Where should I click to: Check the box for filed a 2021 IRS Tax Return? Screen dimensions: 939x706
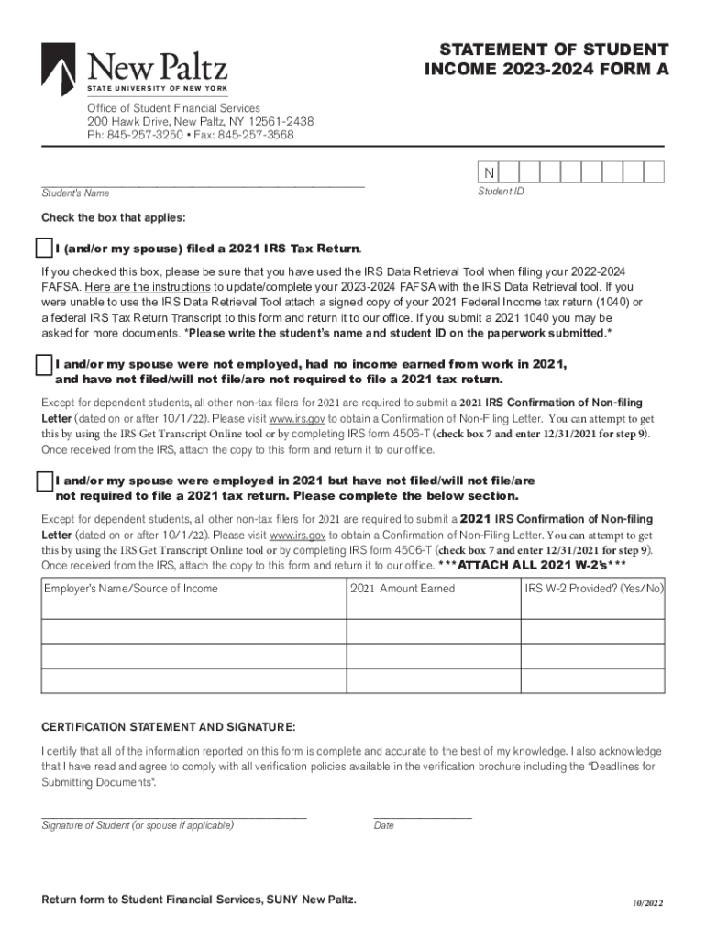pos(43,249)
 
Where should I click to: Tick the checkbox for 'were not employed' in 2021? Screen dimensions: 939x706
pos(43,365)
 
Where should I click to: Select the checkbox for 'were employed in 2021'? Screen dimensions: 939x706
pos(43,481)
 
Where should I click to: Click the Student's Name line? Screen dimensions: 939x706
pos(202,184)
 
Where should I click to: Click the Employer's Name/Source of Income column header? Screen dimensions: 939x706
pos(131,589)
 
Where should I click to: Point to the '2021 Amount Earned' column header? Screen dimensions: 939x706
pos(402,589)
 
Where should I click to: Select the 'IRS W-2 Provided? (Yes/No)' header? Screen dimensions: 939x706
pos(593,589)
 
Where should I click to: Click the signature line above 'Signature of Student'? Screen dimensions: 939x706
pos(174,814)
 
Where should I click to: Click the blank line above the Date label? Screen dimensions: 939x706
pos(422,814)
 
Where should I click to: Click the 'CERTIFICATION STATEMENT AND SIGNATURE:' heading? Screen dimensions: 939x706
pos(169,727)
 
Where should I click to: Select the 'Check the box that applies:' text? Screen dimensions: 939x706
pos(113,218)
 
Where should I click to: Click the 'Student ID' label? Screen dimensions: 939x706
pos(501,193)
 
